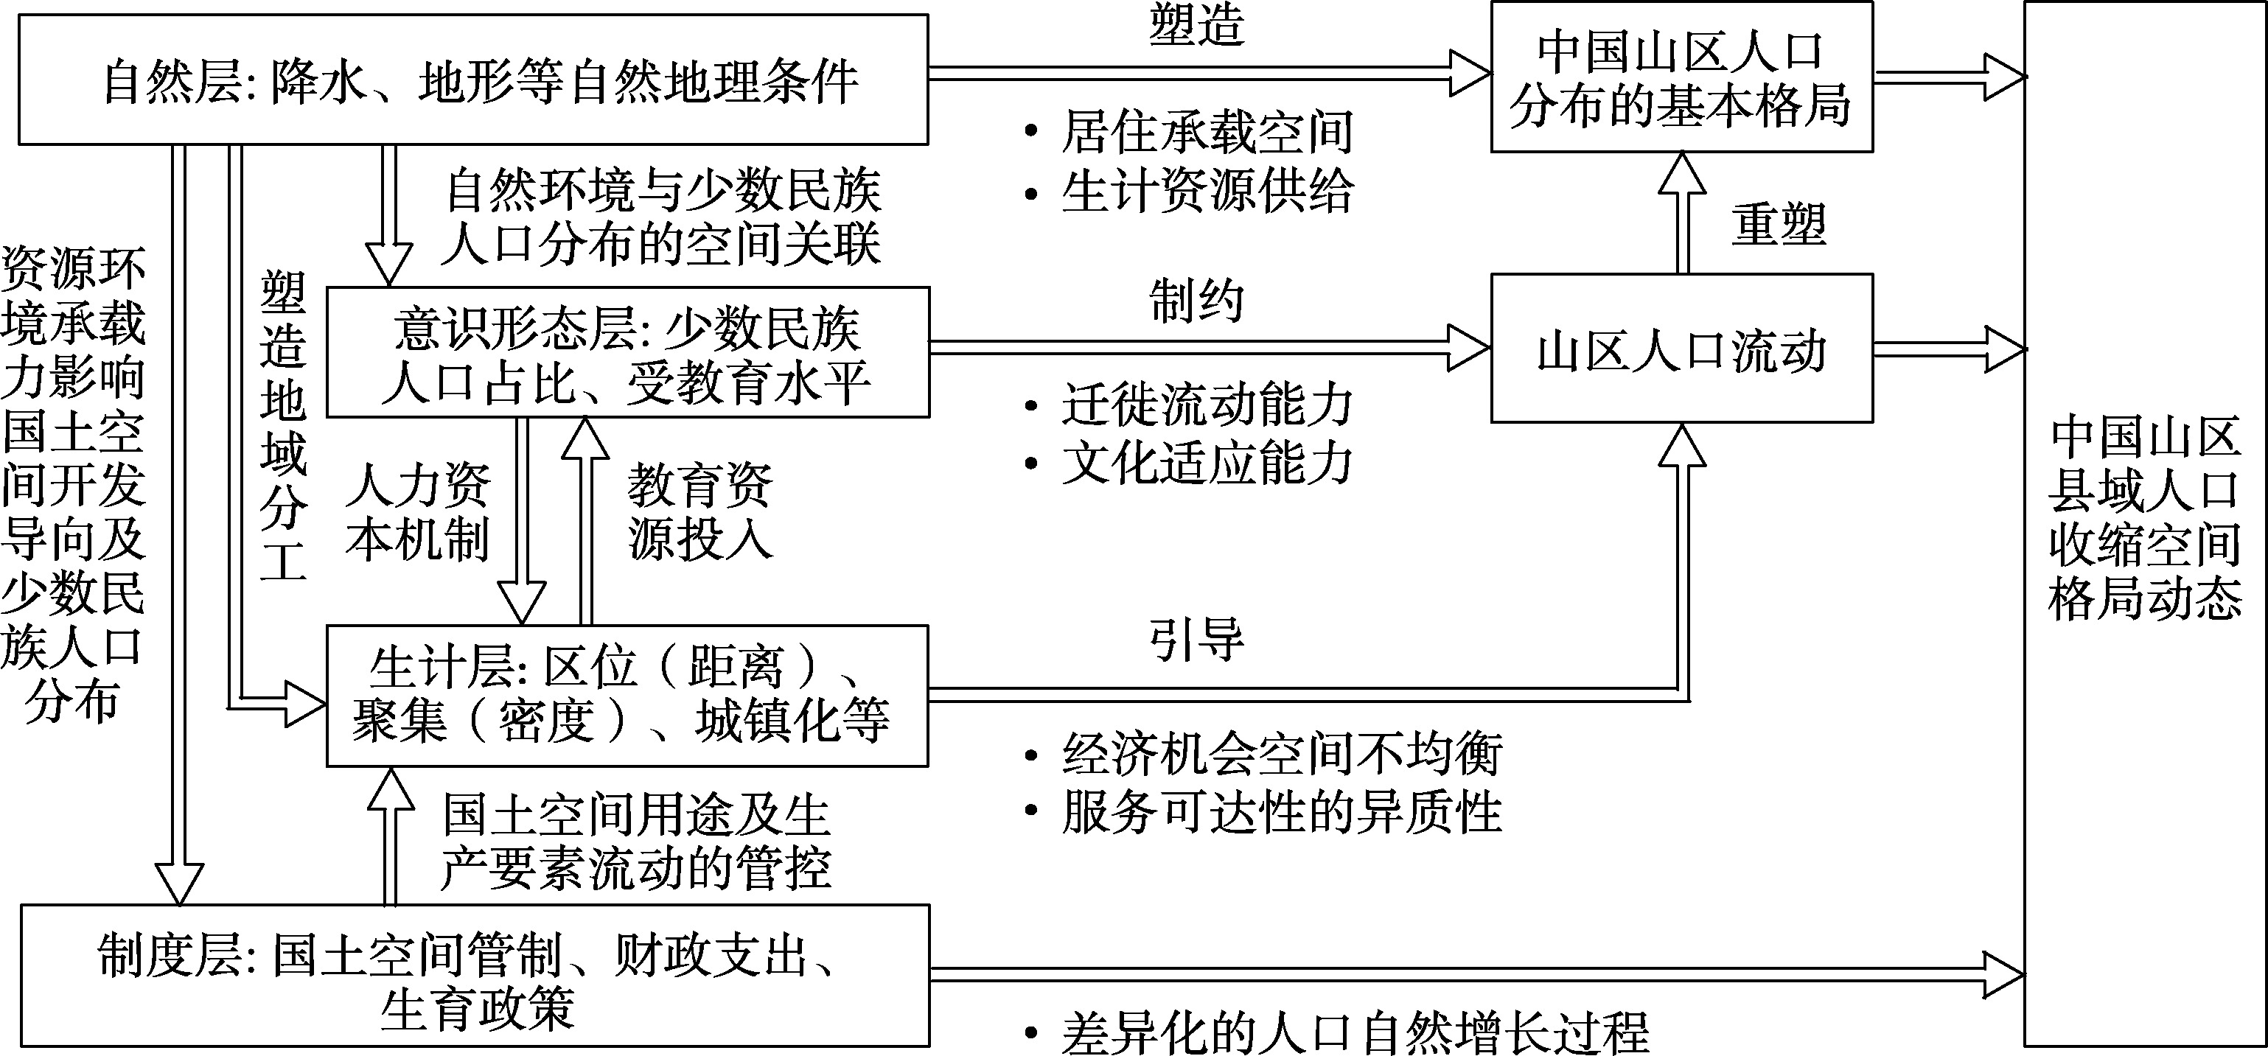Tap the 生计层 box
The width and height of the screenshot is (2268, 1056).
click(627, 695)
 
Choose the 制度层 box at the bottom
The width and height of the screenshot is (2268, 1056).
click(474, 975)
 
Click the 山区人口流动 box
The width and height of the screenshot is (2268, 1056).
click(1681, 349)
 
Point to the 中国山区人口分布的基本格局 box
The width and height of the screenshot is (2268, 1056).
click(1681, 77)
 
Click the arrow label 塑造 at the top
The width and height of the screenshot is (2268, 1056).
click(1196, 27)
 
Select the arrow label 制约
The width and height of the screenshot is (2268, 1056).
click(1196, 301)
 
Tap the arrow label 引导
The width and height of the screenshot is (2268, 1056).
click(1196, 640)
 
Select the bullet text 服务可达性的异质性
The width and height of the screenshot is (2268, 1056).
click(1281, 811)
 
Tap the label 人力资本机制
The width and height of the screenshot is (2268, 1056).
click(417, 511)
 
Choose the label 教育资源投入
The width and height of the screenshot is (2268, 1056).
click(700, 511)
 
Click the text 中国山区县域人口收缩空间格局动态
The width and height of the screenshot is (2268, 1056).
click(2145, 520)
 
